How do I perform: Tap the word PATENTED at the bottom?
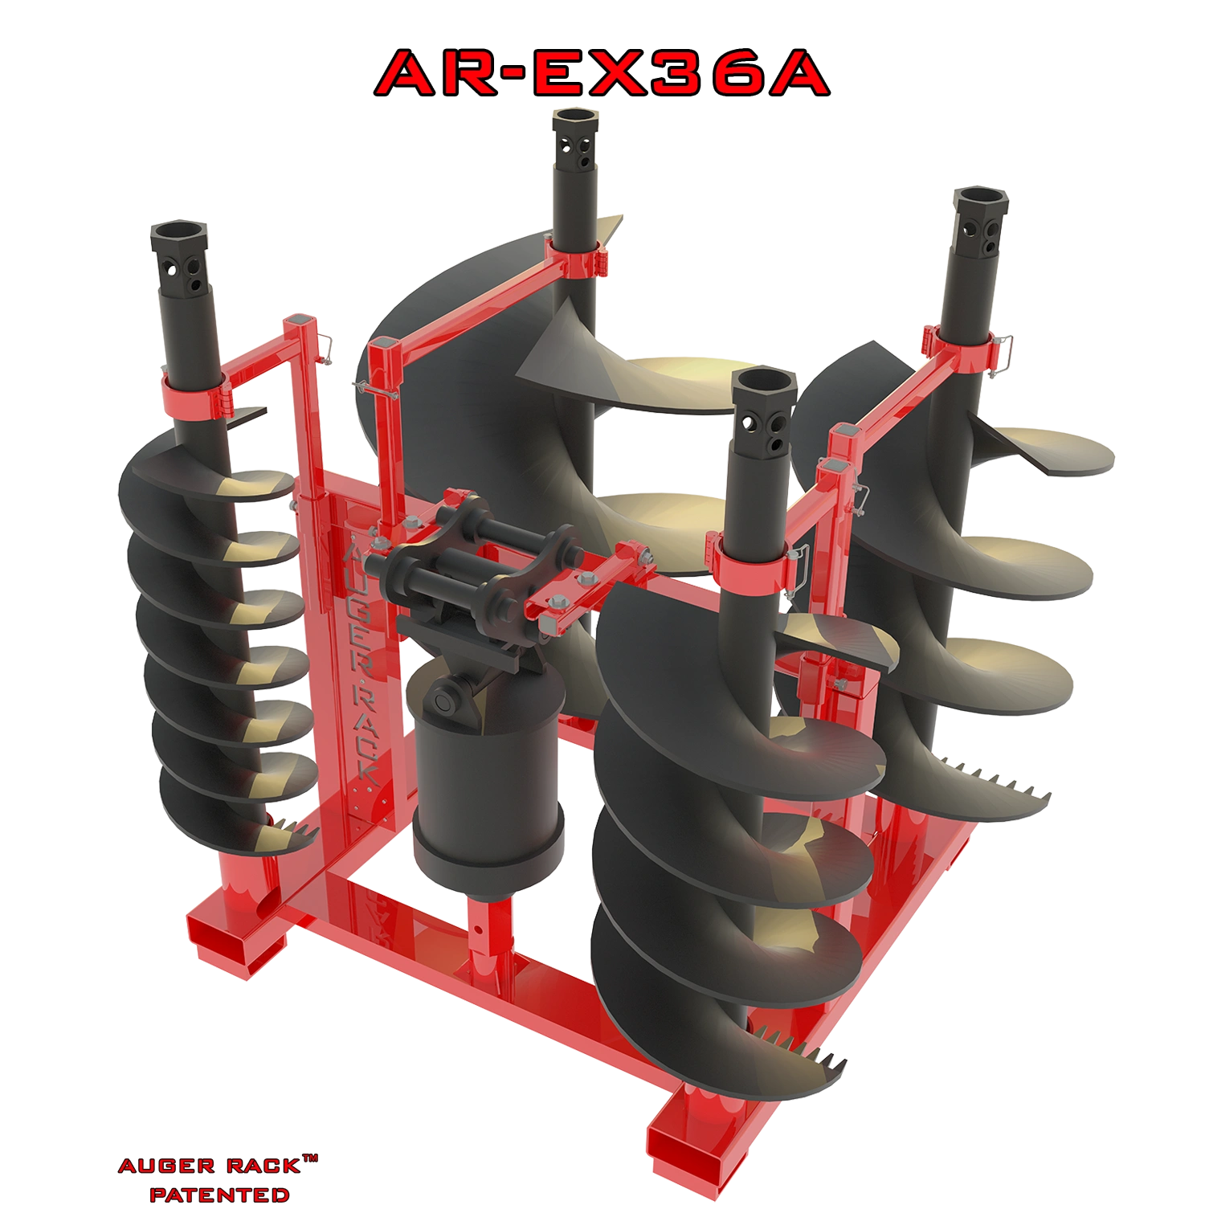pyautogui.click(x=219, y=1195)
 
